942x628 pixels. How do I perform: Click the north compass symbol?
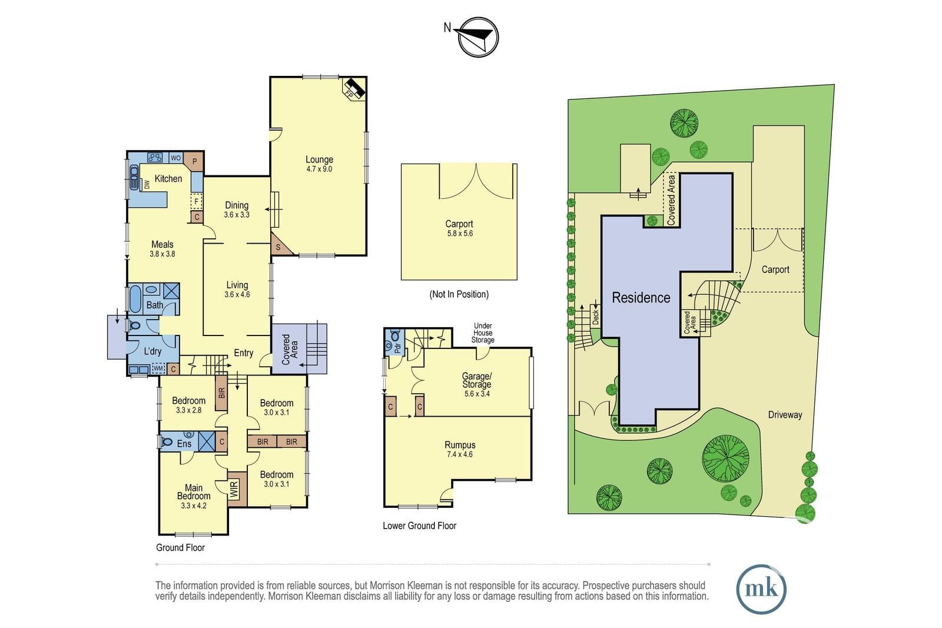click(478, 37)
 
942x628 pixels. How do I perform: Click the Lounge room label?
click(319, 160)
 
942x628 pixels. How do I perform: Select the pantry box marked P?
click(194, 161)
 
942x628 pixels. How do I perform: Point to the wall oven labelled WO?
click(176, 158)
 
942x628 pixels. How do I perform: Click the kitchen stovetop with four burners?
click(155, 158)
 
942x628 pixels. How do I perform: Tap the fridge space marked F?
click(197, 201)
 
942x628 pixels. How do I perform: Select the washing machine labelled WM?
click(158, 368)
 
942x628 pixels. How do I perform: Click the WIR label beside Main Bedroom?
click(234, 489)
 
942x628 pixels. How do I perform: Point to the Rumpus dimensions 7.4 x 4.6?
click(460, 454)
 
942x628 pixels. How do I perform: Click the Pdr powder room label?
click(397, 348)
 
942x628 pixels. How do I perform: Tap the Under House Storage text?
click(483, 333)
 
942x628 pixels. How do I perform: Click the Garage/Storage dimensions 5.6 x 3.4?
click(477, 394)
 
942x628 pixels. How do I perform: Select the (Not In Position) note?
click(459, 294)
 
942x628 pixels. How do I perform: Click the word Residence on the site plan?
click(641, 298)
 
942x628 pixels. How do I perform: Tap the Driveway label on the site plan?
click(785, 415)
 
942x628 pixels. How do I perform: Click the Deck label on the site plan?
click(596, 317)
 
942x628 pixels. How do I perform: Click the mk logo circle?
click(761, 589)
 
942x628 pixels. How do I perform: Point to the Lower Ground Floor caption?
click(419, 526)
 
